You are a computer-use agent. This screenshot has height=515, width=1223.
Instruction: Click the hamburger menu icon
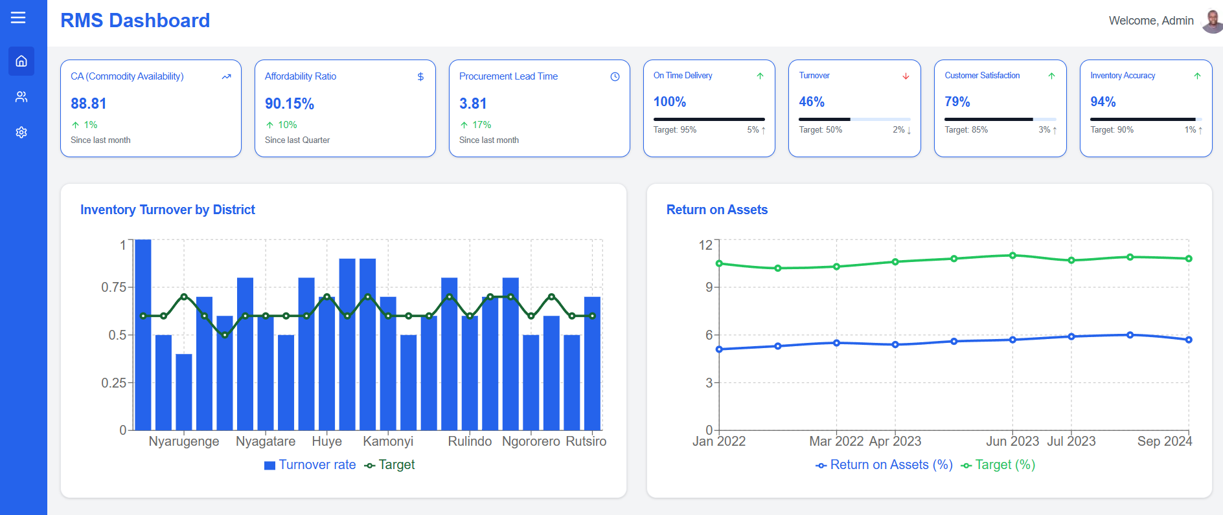[x=18, y=17]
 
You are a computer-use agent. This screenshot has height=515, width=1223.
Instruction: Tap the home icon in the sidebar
[x=21, y=61]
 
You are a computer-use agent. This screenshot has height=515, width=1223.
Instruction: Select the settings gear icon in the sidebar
[x=21, y=132]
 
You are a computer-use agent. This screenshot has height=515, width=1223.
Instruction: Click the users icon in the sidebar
[x=21, y=96]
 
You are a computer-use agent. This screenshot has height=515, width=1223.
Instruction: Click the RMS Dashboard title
[x=135, y=21]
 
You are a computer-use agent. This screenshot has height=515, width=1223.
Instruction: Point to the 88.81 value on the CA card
[x=89, y=104]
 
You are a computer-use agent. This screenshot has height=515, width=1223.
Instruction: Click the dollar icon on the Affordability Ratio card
[x=420, y=76]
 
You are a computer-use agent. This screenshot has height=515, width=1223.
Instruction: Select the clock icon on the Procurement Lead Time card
[x=615, y=76]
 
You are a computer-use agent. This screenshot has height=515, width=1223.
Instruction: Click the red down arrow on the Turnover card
[x=906, y=76]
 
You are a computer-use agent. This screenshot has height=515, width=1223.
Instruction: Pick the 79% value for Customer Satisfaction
[x=957, y=102]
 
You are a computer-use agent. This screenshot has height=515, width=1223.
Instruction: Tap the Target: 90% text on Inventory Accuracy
[x=1112, y=130]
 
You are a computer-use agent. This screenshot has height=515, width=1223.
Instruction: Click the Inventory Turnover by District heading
[x=167, y=210]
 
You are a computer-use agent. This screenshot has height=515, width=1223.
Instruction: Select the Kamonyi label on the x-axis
[x=387, y=441]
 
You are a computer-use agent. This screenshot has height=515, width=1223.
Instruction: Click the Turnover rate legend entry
[x=310, y=465]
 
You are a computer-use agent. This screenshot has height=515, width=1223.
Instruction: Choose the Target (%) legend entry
[x=998, y=465]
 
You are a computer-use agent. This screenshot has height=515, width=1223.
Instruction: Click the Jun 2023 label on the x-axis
[x=1012, y=441]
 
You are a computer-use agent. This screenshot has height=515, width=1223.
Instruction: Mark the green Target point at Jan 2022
[x=719, y=263]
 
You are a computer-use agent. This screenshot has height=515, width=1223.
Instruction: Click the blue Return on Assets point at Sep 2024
[x=1189, y=340]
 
